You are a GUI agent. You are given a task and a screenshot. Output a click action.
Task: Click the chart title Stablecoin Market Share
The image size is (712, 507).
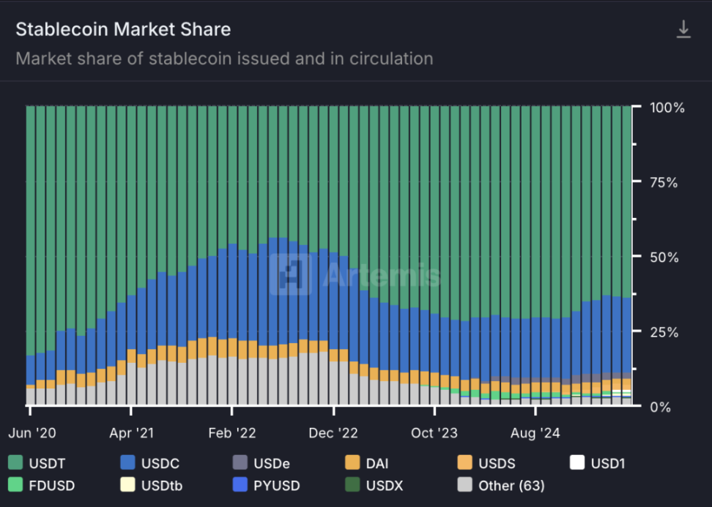coord(123,30)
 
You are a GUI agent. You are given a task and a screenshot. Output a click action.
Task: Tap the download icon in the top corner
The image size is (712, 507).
coord(683,29)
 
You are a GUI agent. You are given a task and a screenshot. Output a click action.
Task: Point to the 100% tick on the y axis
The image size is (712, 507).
coord(667,108)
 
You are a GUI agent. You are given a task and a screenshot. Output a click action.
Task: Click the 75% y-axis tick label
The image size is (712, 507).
coord(667,182)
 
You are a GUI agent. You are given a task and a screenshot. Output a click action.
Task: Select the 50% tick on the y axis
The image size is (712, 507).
coord(667,257)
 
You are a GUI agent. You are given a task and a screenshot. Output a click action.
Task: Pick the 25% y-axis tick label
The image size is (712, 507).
coord(667,331)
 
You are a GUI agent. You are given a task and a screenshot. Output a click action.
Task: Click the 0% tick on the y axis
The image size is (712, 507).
coord(661,406)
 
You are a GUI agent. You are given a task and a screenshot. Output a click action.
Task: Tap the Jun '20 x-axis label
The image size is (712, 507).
coord(32,432)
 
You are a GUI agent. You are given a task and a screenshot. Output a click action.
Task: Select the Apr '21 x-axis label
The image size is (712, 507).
coord(132,432)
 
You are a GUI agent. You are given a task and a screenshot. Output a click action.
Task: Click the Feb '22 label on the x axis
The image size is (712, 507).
coord(232,432)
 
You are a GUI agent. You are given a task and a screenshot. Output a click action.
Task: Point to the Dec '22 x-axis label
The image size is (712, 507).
coord(334,432)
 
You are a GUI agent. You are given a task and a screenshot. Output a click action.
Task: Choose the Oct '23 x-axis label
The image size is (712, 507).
coord(434,432)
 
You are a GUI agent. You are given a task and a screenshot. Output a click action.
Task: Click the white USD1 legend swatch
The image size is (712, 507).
coord(577,463)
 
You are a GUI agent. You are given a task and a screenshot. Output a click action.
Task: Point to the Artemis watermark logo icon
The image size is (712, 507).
coord(290,274)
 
